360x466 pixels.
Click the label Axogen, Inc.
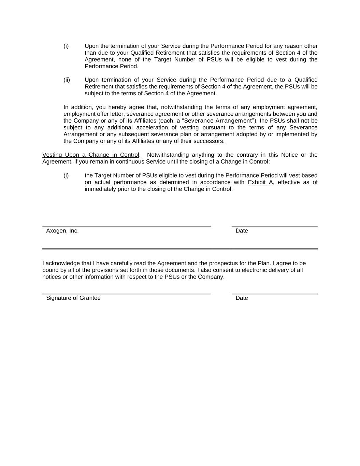[x=62, y=231]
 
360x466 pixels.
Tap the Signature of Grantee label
[x=73, y=298]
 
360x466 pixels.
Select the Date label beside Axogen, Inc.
[x=242, y=231]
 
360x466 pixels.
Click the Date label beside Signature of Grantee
[x=242, y=298]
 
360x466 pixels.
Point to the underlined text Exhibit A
[x=260, y=182]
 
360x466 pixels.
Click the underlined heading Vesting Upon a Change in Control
[x=90, y=155]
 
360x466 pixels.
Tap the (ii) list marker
[x=67, y=80]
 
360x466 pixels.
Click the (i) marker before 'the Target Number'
[x=66, y=175]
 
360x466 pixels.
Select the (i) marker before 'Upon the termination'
[x=66, y=46]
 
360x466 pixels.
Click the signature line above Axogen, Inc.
[x=127, y=227]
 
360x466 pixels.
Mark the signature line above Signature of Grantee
[x=127, y=294]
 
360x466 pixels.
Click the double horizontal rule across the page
[x=180, y=249]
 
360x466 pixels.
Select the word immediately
[x=100, y=189]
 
